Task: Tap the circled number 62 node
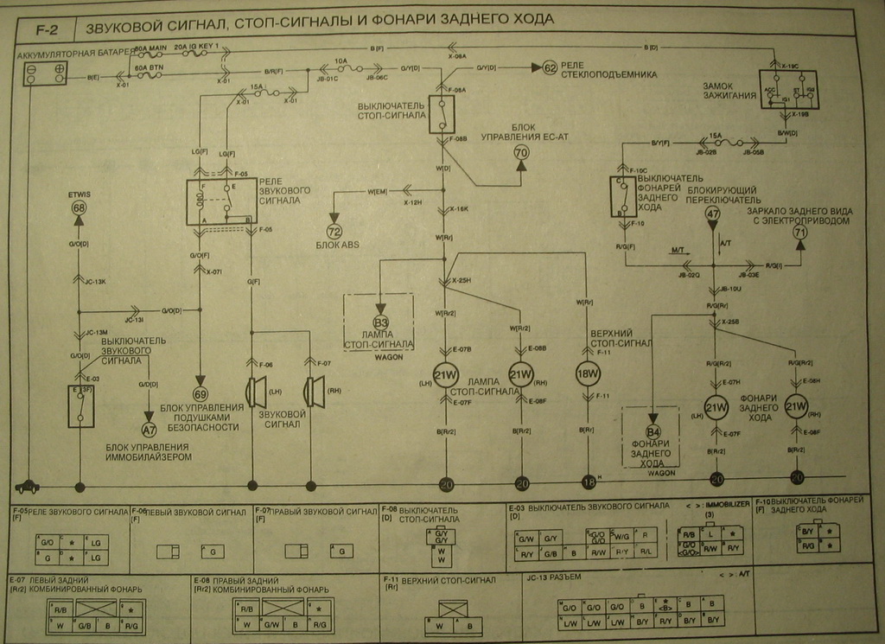[x=550, y=67]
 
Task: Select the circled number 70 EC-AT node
[x=521, y=153]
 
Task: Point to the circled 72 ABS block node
[x=334, y=232]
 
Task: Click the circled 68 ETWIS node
[x=80, y=208]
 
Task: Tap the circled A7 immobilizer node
[x=150, y=427]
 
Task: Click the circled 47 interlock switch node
[x=712, y=214]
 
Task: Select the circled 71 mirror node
[x=799, y=232]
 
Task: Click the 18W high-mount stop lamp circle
[x=588, y=373]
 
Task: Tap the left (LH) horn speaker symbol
[x=255, y=392]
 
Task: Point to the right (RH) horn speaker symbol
[x=313, y=392]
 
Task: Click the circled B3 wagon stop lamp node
[x=381, y=322]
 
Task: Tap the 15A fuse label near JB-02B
[x=715, y=136]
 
